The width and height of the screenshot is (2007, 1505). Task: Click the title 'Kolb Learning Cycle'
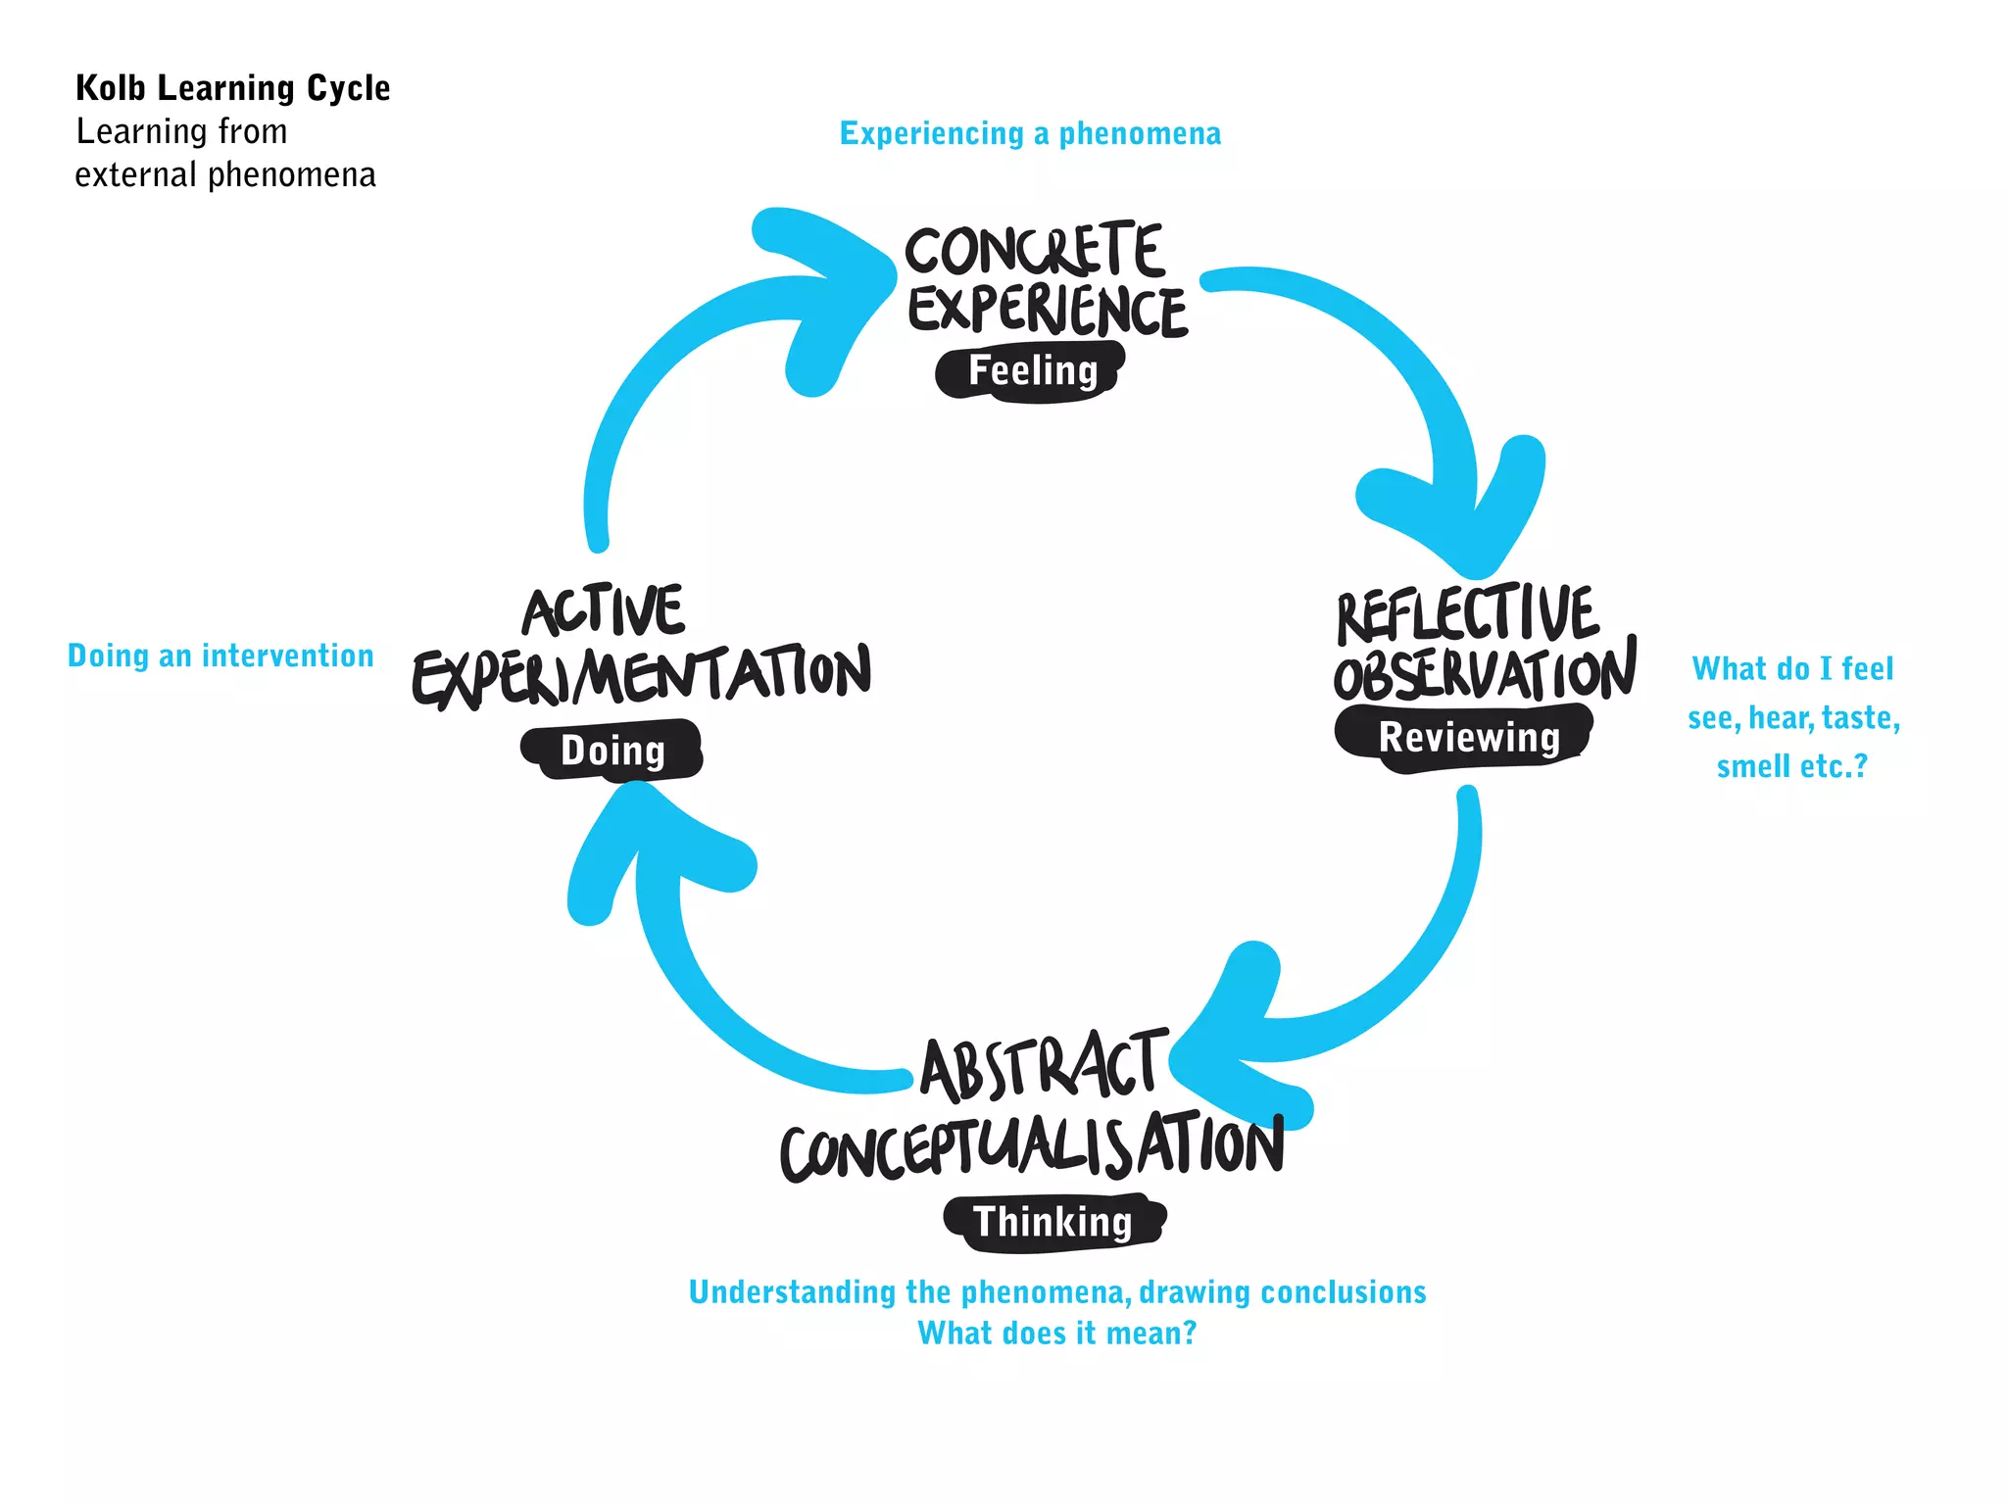click(233, 88)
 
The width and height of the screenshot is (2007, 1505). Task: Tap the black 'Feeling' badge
click(1031, 371)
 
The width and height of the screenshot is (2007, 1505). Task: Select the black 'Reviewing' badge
click(1467, 737)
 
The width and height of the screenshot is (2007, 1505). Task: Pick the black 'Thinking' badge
click(1053, 1222)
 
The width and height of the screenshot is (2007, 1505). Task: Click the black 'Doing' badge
click(612, 751)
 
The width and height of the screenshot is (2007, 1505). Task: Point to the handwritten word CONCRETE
click(1034, 250)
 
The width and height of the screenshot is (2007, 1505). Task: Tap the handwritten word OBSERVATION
click(1484, 673)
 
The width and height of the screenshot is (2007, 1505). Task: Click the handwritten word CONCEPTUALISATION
click(1032, 1146)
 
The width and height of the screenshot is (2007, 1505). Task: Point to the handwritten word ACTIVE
click(603, 611)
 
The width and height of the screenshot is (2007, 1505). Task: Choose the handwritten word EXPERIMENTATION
click(642, 675)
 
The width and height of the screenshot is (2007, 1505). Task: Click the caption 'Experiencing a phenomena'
click(1030, 133)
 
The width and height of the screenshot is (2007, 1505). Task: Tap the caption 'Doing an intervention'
click(220, 655)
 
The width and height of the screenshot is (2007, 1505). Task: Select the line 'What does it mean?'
click(1056, 1334)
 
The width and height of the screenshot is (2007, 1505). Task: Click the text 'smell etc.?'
click(1791, 766)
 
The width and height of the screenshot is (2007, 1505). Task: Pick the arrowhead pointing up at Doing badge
click(647, 843)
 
